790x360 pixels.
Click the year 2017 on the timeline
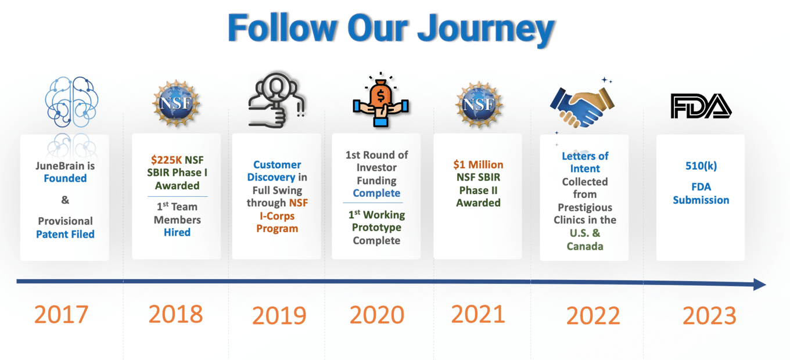61,314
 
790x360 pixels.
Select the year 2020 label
376,315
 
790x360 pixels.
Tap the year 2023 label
709,315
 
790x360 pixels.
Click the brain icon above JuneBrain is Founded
71,102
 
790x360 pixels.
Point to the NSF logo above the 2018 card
176,103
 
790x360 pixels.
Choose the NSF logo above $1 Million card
479,104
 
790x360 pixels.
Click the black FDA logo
701,106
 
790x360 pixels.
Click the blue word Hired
177,232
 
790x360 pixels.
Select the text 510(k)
701,165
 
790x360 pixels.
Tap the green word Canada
585,246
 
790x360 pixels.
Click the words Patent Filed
65,234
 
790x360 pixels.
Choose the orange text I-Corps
277,216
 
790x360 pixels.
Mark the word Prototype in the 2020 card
376,228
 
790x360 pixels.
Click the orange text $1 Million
478,165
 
